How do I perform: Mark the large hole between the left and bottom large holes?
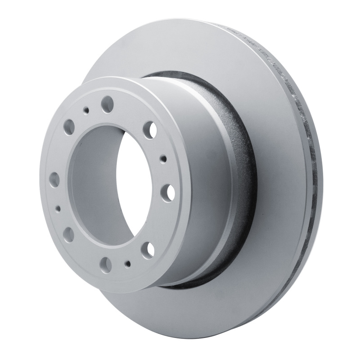(69, 234)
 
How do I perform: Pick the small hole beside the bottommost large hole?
(129, 264)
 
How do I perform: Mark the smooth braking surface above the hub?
(180, 49)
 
